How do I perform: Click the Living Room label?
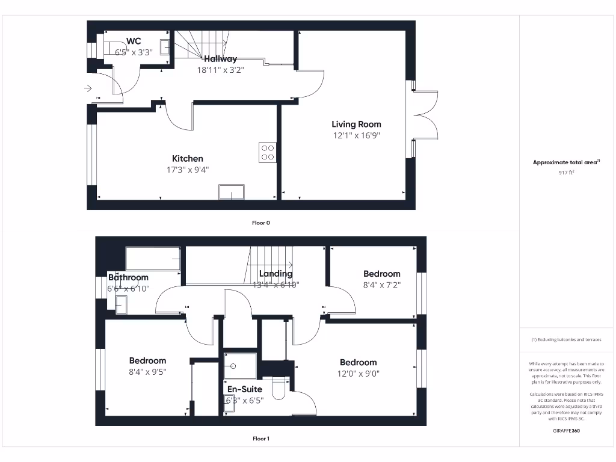(x=356, y=125)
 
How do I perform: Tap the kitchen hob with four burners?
(x=268, y=152)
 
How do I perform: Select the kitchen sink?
(x=232, y=192)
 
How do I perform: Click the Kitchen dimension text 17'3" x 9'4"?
(x=188, y=170)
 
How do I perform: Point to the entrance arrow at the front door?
(x=88, y=88)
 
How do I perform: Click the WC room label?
(x=134, y=41)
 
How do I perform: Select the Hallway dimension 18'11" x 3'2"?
(x=220, y=70)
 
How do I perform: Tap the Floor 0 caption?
(x=260, y=223)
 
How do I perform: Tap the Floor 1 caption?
(x=260, y=439)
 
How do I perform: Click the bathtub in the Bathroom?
(x=153, y=259)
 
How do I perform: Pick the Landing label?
(x=276, y=274)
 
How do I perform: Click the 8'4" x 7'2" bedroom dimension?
(x=381, y=285)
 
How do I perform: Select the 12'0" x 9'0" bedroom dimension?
(x=358, y=373)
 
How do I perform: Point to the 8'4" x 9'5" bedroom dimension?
(x=147, y=372)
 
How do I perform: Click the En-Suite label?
(x=244, y=389)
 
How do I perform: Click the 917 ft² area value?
(x=566, y=173)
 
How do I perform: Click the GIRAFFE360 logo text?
(x=566, y=431)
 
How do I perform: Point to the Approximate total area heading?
(x=566, y=162)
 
